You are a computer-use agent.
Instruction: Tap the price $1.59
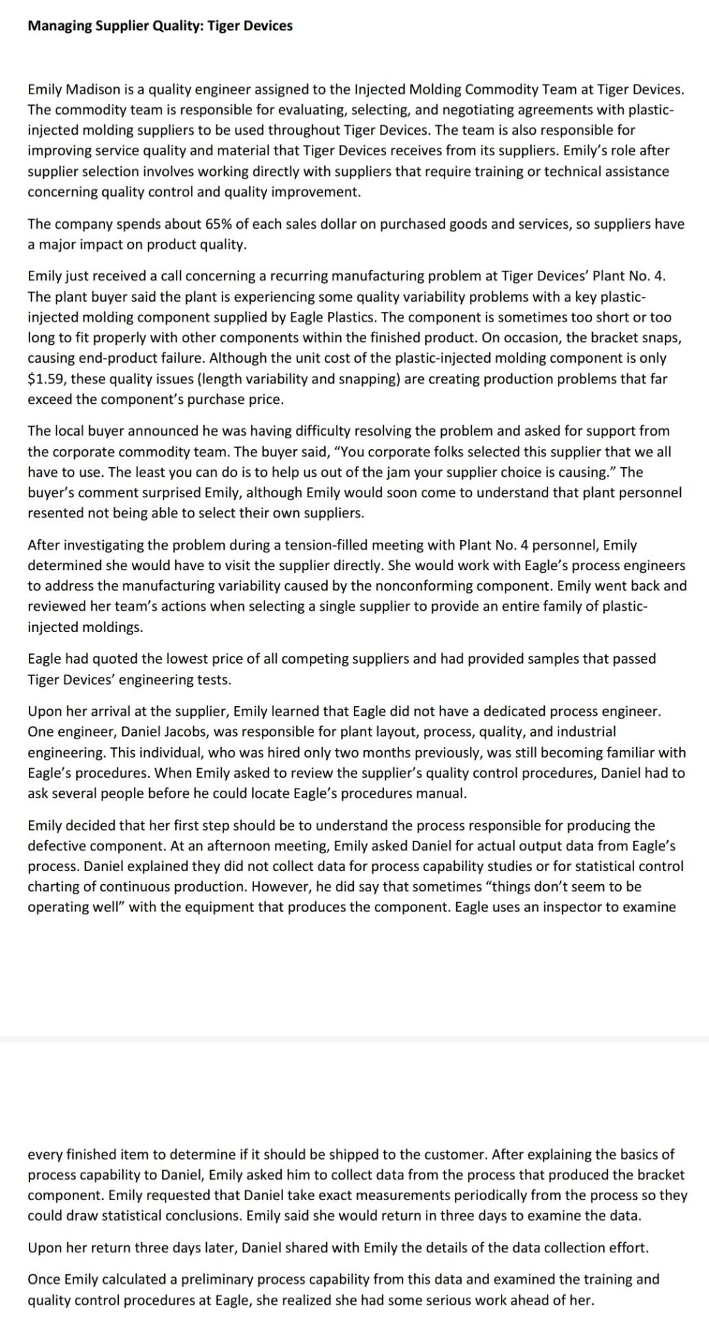(x=46, y=379)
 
